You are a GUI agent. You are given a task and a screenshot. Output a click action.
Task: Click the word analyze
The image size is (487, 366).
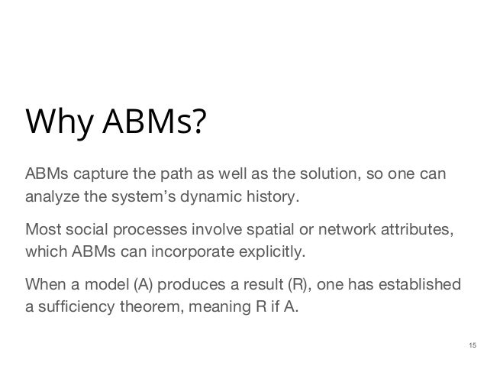click(x=49, y=199)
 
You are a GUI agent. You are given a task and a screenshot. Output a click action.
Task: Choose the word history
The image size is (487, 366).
click(x=269, y=199)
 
